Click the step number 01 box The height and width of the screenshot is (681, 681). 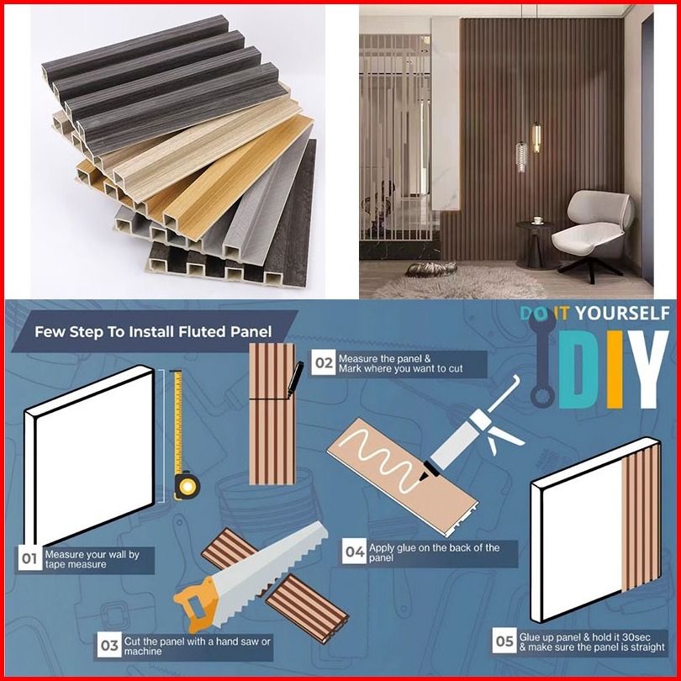pyautogui.click(x=30, y=558)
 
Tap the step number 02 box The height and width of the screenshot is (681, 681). pyautogui.click(x=324, y=362)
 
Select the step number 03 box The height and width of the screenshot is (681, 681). pyautogui.click(x=109, y=646)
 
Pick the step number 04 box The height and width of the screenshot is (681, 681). pyautogui.click(x=355, y=552)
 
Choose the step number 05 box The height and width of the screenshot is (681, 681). pyautogui.click(x=504, y=641)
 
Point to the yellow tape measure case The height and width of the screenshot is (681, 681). pyautogui.click(x=187, y=486)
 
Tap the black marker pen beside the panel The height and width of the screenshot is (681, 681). pyautogui.click(x=295, y=378)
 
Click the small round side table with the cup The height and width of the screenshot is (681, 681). pyautogui.click(x=536, y=244)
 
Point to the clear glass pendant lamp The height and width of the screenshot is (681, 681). pyautogui.click(x=521, y=156)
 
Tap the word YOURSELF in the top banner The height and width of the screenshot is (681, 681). pyautogui.click(x=623, y=313)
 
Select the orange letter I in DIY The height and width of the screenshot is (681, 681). pyautogui.click(x=615, y=370)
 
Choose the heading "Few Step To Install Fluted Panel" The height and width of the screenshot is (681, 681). pyautogui.click(x=153, y=332)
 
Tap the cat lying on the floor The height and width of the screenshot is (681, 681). pyautogui.click(x=430, y=269)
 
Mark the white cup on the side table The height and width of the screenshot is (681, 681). pyautogui.click(x=539, y=220)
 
